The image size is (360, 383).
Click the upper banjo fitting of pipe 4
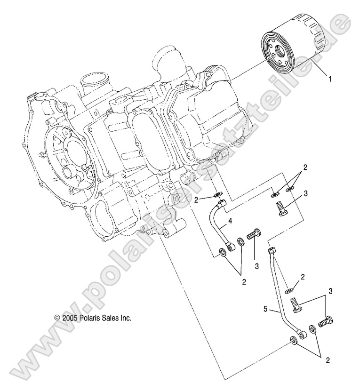(221, 204)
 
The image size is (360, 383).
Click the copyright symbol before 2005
(57, 318)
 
